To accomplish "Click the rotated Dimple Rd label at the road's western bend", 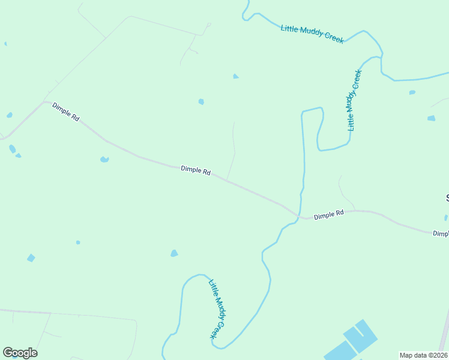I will [66, 112].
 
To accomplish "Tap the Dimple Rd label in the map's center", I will [196, 171].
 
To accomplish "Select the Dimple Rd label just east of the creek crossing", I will [328, 214].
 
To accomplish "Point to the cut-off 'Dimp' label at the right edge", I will [441, 233].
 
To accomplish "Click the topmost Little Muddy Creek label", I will [312, 33].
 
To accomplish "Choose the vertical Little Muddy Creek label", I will [355, 100].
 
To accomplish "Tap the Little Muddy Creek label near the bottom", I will [217, 309].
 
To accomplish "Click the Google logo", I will [20, 353].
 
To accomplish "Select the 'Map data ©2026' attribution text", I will [423, 355].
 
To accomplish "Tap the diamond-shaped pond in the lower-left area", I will [31, 258].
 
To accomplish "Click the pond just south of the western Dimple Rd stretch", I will [104, 159].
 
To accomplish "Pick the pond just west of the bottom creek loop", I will [174, 253].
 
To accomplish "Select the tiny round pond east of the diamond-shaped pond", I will [78, 242].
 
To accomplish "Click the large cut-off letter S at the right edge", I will [447, 198].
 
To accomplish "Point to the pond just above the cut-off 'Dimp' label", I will [446, 217].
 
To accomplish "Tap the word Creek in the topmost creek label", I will [334, 38].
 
